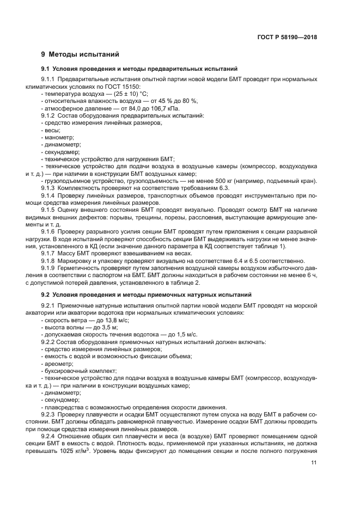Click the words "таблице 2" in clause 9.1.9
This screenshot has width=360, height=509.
click(183, 283)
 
